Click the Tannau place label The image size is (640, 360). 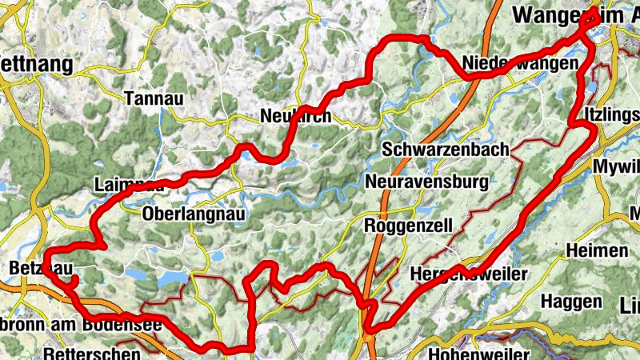(155, 98)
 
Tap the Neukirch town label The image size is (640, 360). (296, 117)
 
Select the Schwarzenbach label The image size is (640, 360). (445, 150)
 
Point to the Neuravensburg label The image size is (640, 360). (426, 182)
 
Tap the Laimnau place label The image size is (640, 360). (129, 183)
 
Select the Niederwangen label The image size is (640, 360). (521, 62)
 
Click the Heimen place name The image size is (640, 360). (596, 251)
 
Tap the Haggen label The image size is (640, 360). (571, 302)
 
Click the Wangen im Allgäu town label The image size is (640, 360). (576, 14)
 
